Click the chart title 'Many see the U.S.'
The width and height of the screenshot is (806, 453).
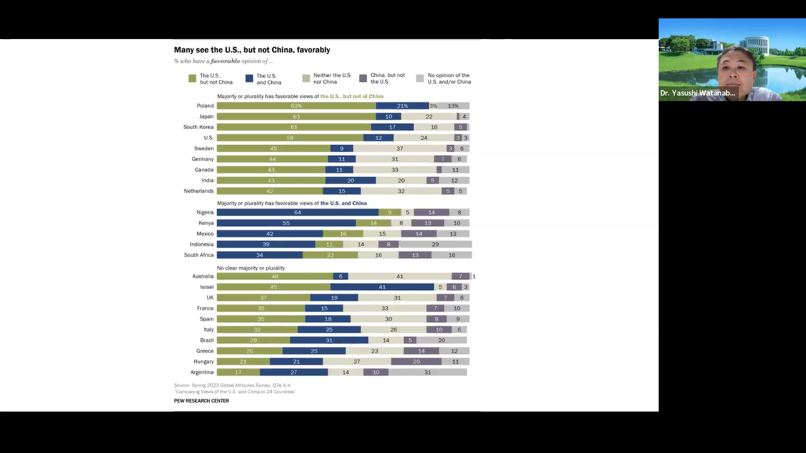click(x=252, y=50)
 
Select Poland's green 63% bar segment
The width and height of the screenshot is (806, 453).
click(x=296, y=106)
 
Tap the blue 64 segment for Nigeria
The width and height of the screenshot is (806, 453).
click(x=297, y=213)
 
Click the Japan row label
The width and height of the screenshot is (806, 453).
click(x=206, y=117)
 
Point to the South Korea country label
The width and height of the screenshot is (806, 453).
click(x=198, y=127)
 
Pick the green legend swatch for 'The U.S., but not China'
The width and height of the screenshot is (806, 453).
click(x=192, y=78)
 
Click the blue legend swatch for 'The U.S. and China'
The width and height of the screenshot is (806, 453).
click(x=250, y=78)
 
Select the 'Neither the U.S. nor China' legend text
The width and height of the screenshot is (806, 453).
click(x=332, y=79)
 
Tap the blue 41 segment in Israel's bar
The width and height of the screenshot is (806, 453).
click(x=382, y=287)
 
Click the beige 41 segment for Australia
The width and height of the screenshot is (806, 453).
click(x=400, y=277)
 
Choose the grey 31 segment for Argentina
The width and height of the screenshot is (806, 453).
click(x=428, y=372)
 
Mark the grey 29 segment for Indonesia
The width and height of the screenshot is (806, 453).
click(x=435, y=245)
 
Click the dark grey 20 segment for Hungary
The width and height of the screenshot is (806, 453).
click(x=416, y=362)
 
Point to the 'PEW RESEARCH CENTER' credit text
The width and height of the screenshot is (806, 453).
click(x=201, y=401)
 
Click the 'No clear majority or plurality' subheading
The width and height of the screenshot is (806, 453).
click(x=251, y=268)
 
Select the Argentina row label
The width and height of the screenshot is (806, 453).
click(x=202, y=372)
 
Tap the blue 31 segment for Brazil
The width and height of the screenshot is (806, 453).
click(x=329, y=340)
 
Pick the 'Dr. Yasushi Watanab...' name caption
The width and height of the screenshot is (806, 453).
click(x=697, y=93)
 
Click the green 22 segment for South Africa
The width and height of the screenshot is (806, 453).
click(x=330, y=255)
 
